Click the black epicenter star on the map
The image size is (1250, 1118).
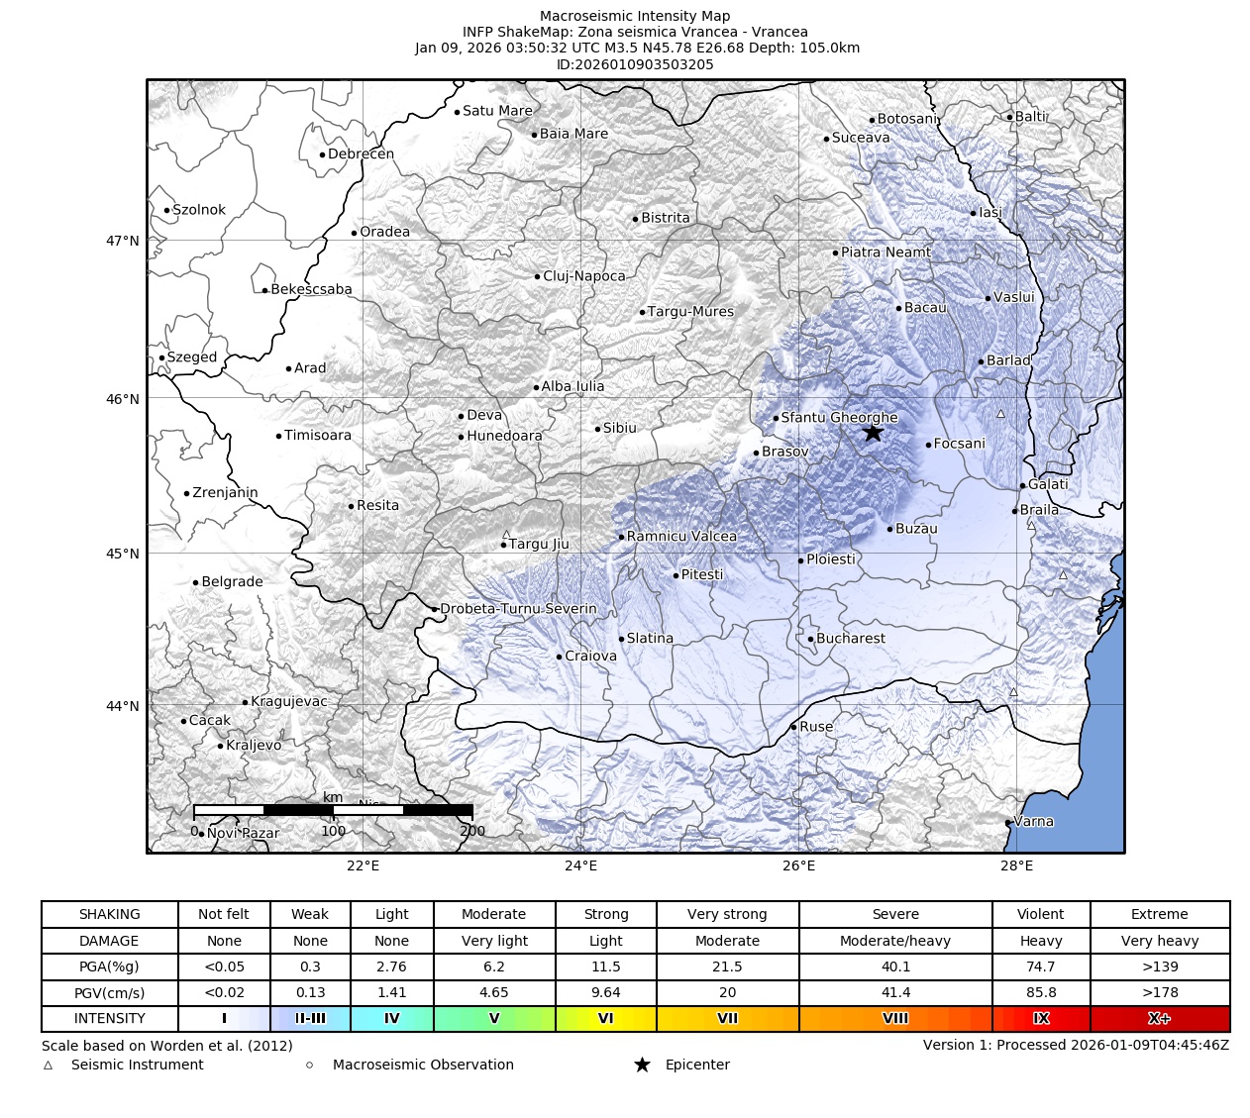click(872, 433)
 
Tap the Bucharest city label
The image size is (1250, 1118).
click(851, 639)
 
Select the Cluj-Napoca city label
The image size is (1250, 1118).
click(584, 276)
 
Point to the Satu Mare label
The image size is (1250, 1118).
click(497, 111)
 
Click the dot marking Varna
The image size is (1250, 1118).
click(1008, 823)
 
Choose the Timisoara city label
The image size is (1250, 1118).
click(317, 436)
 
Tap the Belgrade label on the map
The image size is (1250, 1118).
click(232, 582)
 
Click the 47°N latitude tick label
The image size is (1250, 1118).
click(122, 241)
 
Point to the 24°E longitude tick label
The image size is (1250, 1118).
click(580, 866)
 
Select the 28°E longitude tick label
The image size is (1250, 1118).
click(1016, 866)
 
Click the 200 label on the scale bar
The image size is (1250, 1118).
click(472, 831)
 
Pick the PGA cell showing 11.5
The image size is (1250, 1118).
click(605, 966)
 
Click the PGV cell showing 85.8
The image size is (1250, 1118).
click(1040, 992)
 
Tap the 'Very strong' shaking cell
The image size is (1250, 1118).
click(726, 914)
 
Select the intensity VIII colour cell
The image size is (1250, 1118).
click(894, 1018)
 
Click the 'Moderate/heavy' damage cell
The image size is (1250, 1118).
click(894, 941)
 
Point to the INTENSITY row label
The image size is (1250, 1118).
click(109, 1018)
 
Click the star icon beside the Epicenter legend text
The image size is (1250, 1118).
click(642, 1065)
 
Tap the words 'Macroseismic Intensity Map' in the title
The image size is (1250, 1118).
click(635, 16)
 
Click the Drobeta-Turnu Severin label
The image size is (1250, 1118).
click(518, 609)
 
